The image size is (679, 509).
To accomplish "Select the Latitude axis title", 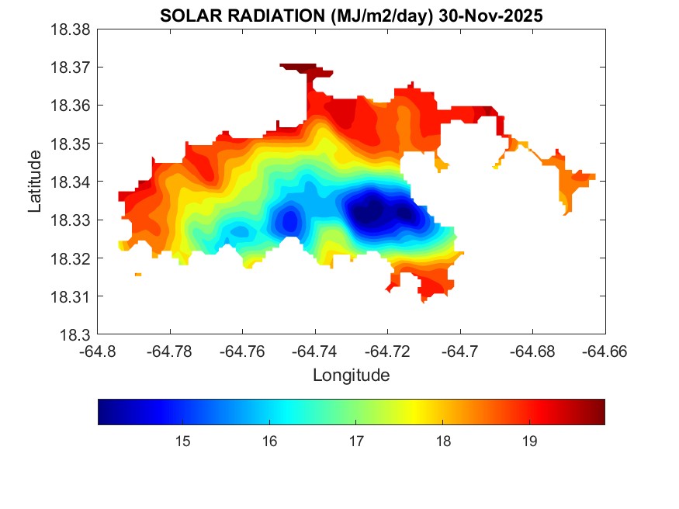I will pyautogui.click(x=35, y=182).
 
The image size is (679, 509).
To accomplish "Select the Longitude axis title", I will pyautogui.click(x=351, y=376).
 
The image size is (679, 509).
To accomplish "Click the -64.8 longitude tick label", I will pyautogui.click(x=99, y=351).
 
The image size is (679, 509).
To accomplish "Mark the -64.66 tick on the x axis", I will pyautogui.click(x=605, y=351).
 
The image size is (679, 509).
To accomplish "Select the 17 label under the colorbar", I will pyautogui.click(x=356, y=441).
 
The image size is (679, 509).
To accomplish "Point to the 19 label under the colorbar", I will pyautogui.click(x=530, y=441).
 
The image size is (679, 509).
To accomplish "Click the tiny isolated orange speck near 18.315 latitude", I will pyautogui.click(x=138, y=275).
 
